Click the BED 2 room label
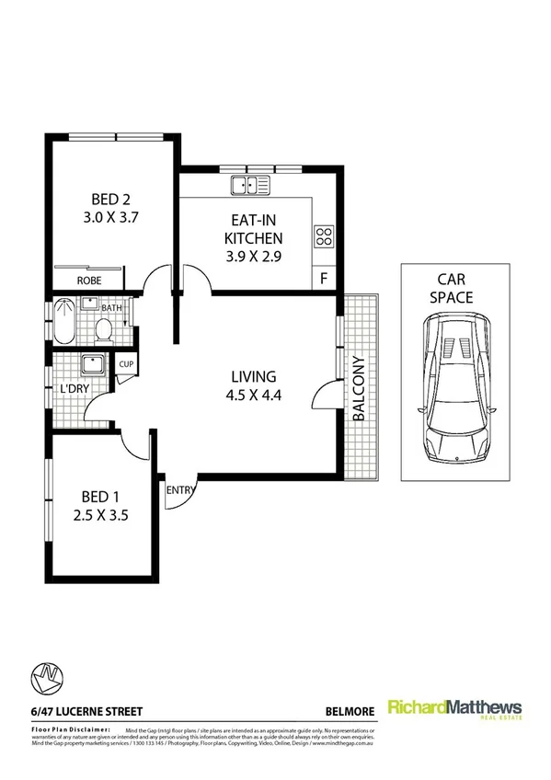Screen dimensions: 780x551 pyautogui.click(x=109, y=199)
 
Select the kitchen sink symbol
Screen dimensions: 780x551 pyautogui.click(x=250, y=185)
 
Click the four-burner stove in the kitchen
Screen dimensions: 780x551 pyautogui.click(x=324, y=235)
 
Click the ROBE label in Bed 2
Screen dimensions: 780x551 pyautogui.click(x=88, y=281)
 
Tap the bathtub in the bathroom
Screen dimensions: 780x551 pyautogui.click(x=65, y=323)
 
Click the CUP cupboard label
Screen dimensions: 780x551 pyautogui.click(x=126, y=364)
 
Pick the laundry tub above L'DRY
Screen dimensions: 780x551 pyautogui.click(x=93, y=365)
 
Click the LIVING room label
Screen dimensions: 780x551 pyautogui.click(x=253, y=375)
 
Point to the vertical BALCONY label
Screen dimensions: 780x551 pyautogui.click(x=358, y=388)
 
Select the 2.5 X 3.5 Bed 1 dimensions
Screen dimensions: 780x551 pyautogui.click(x=101, y=515)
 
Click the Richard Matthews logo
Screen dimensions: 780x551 pyautogui.click(x=454, y=709)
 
